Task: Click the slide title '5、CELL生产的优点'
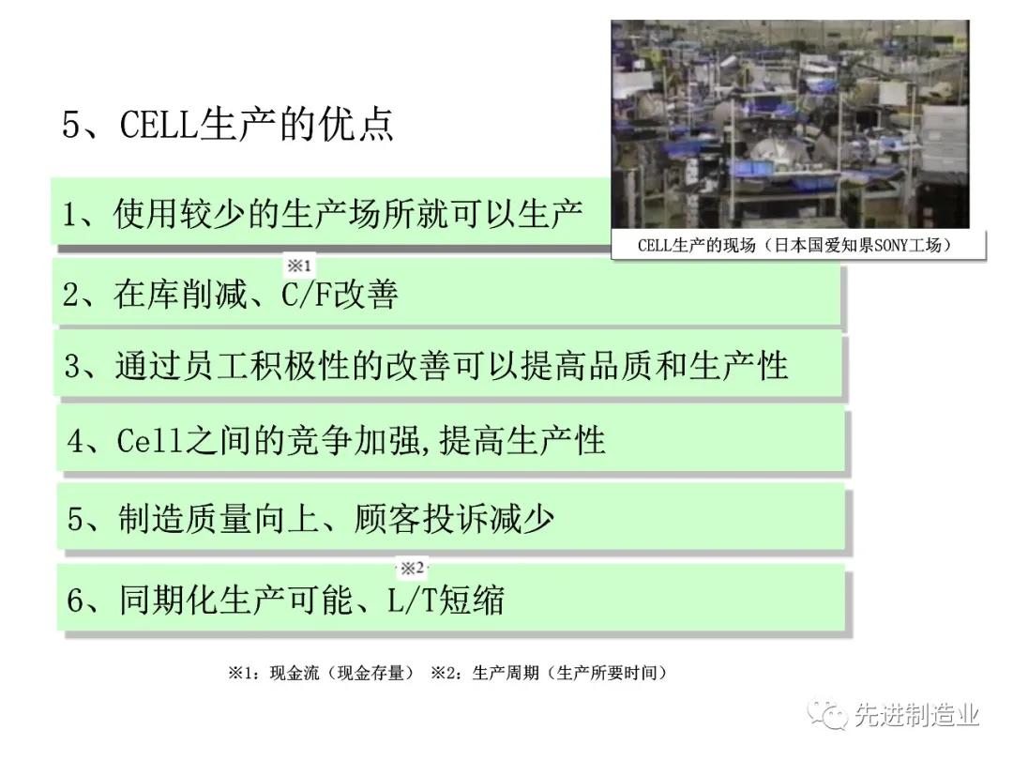pos(227,124)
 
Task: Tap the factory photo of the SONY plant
pos(790,124)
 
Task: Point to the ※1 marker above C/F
pos(299,265)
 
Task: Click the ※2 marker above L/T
pos(412,568)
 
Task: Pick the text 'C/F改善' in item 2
pos(340,294)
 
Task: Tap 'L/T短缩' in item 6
pos(446,600)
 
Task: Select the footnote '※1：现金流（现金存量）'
pos(321,673)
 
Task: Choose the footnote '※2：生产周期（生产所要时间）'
pos(549,673)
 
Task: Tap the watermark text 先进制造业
pos(916,715)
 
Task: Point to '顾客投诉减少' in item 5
pos(454,519)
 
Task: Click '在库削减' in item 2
pos(180,294)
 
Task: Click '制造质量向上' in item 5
pos(219,519)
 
